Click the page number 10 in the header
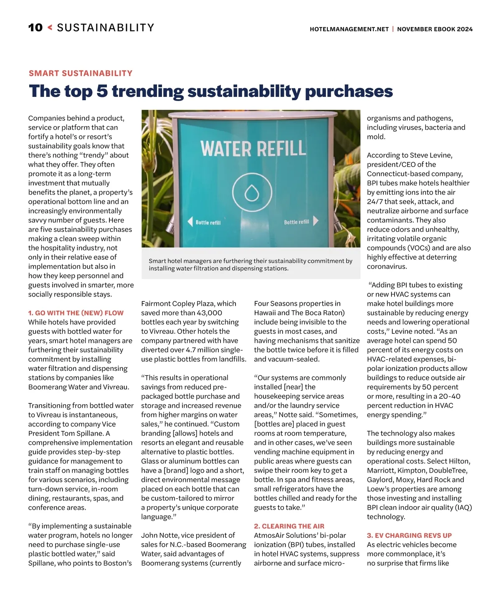click(35, 28)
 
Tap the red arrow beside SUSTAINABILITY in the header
click(50, 28)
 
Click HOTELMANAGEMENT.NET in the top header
click(349, 29)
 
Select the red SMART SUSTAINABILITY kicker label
click(81, 73)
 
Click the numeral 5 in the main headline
click(102, 91)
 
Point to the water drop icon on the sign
click(252, 193)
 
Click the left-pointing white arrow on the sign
click(190, 222)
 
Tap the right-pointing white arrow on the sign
click(316, 221)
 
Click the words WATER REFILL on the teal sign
click(253, 149)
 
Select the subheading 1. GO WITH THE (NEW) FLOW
click(76, 313)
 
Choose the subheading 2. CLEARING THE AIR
click(289, 526)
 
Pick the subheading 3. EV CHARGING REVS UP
click(409, 535)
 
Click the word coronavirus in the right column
click(387, 266)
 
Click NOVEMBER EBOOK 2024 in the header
click(435, 29)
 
